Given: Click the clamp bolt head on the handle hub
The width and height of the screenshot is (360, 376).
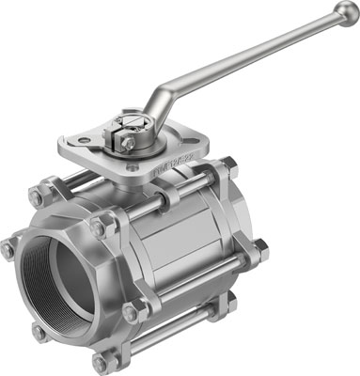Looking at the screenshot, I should (x=127, y=144).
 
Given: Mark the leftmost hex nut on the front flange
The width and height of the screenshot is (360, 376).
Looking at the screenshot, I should (x=8, y=250).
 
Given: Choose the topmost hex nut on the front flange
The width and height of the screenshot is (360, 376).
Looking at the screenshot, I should (x=38, y=197).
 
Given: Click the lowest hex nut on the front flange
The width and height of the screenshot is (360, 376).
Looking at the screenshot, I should (x=100, y=362).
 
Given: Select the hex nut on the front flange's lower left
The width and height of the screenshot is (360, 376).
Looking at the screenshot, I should (x=38, y=331).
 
